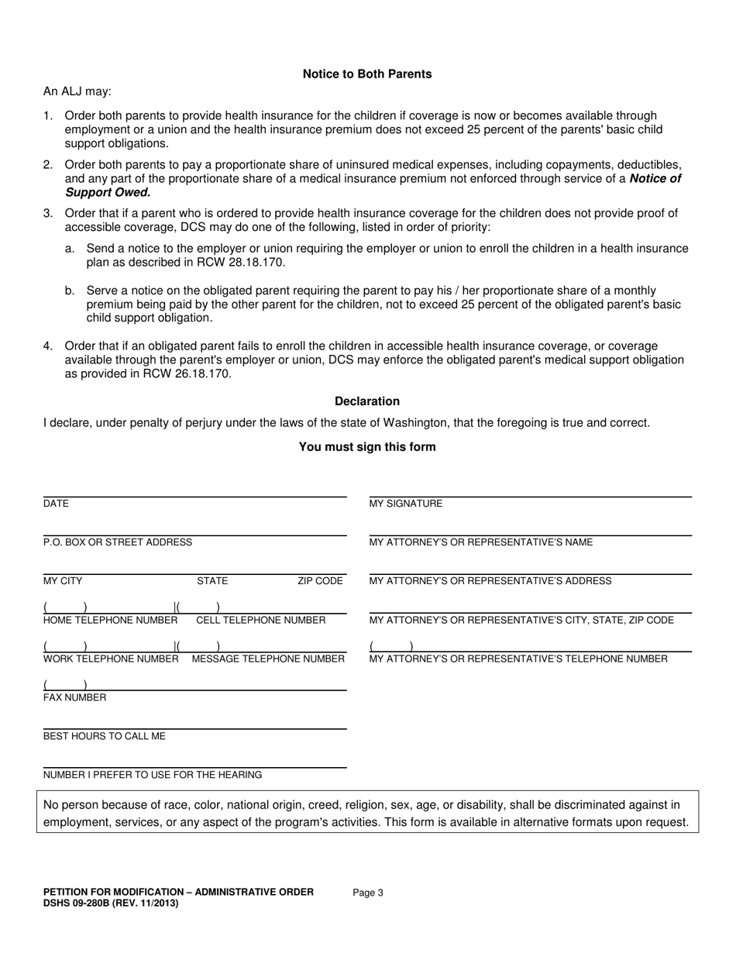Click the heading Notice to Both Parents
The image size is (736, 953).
(x=367, y=74)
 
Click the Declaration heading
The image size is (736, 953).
(x=367, y=401)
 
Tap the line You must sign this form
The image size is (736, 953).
(x=367, y=447)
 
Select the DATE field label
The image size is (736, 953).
(x=56, y=504)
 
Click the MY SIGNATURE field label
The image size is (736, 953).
(x=406, y=504)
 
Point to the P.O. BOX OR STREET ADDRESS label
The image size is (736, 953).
(x=118, y=542)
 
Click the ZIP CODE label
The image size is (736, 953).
(x=320, y=581)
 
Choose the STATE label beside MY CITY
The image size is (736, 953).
(x=212, y=581)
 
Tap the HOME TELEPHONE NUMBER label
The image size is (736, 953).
(x=111, y=620)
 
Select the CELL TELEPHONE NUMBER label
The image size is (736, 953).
(x=261, y=620)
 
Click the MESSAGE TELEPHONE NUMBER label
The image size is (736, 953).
(x=268, y=659)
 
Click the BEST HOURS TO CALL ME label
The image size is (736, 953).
(x=105, y=736)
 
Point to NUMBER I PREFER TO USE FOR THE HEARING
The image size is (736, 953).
(x=153, y=775)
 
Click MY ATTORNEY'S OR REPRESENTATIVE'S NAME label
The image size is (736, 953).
(x=481, y=542)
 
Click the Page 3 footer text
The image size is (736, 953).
(x=368, y=893)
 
